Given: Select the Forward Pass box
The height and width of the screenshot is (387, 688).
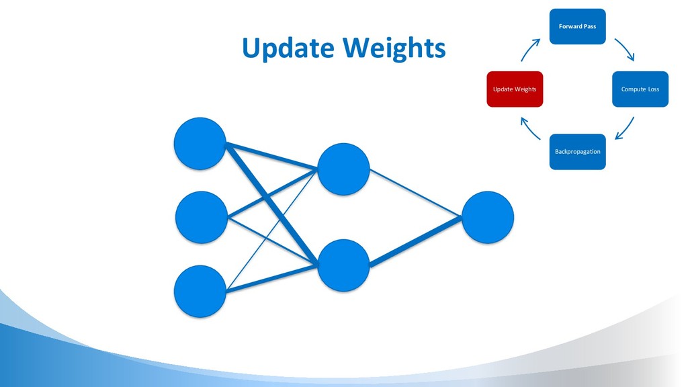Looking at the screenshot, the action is point(577,26).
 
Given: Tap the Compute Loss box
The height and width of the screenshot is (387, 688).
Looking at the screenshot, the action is point(640,89).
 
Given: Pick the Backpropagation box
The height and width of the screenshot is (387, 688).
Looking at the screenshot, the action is point(577,152).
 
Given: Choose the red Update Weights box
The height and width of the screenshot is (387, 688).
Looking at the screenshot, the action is point(515,89).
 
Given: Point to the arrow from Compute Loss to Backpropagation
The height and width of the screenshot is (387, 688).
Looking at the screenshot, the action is point(626,128).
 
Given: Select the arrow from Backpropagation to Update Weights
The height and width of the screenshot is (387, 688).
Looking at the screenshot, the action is point(530,128).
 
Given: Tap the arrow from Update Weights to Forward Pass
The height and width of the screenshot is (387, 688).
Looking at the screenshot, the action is point(530,49).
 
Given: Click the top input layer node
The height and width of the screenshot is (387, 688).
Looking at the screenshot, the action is point(200,144).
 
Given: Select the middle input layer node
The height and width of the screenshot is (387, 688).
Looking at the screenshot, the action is point(201,217).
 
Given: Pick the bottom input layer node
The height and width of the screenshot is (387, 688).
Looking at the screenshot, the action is point(200,291).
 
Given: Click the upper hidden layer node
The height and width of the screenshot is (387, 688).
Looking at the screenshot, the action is point(343,169).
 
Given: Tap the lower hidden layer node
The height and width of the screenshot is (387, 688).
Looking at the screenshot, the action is point(343,265).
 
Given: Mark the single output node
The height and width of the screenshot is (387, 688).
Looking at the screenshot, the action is point(487,217).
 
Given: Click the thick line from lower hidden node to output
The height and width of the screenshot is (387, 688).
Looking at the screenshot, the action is point(415,241).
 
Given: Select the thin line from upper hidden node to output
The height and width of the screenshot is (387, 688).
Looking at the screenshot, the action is point(415,193).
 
